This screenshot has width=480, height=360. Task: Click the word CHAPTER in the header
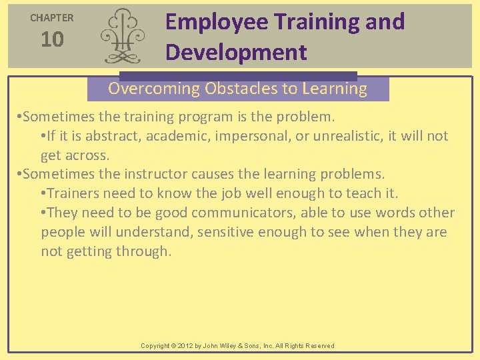pos(51,18)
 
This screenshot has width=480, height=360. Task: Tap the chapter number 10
pos(52,40)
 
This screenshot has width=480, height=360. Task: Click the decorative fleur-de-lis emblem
pos(122,37)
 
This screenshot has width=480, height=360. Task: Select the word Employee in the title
pos(217,22)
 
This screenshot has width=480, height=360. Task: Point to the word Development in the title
pos(236,52)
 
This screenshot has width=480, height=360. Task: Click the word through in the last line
pos(143,252)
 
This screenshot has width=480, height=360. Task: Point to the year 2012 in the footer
pos(185,346)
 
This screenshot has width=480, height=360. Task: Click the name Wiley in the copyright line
pos(228,346)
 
